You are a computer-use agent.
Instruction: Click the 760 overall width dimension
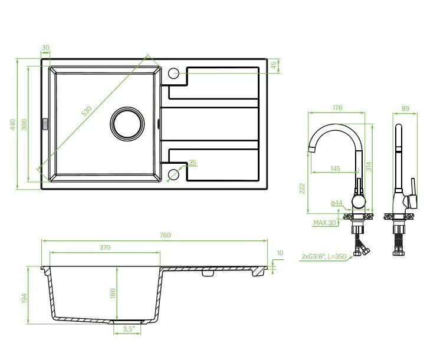tap(165, 235)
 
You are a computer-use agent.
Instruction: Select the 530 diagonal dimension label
tap(87, 111)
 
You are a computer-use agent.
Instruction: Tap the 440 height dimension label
tap(12, 124)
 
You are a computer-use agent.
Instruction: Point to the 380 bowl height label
tap(24, 124)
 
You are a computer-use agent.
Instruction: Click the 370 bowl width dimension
tap(105, 247)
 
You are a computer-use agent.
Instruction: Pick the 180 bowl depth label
tap(113, 293)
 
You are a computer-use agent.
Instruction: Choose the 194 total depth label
tap(24, 298)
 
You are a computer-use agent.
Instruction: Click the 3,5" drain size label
tap(129, 329)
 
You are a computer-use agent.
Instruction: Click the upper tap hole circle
tap(173, 73)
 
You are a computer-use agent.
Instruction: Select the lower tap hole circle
tap(173, 174)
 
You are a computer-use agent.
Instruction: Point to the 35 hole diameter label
tap(192, 163)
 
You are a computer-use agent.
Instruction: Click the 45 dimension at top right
tap(274, 65)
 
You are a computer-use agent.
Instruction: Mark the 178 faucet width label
tap(337, 108)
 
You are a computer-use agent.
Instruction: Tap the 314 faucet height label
tap(369, 167)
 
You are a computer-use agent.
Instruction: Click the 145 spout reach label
tap(335, 169)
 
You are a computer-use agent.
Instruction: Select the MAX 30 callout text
tap(324, 223)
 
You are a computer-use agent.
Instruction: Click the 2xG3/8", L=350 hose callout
tap(324, 256)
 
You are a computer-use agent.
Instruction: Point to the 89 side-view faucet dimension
tap(405, 108)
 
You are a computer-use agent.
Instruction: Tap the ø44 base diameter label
tap(336, 203)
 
